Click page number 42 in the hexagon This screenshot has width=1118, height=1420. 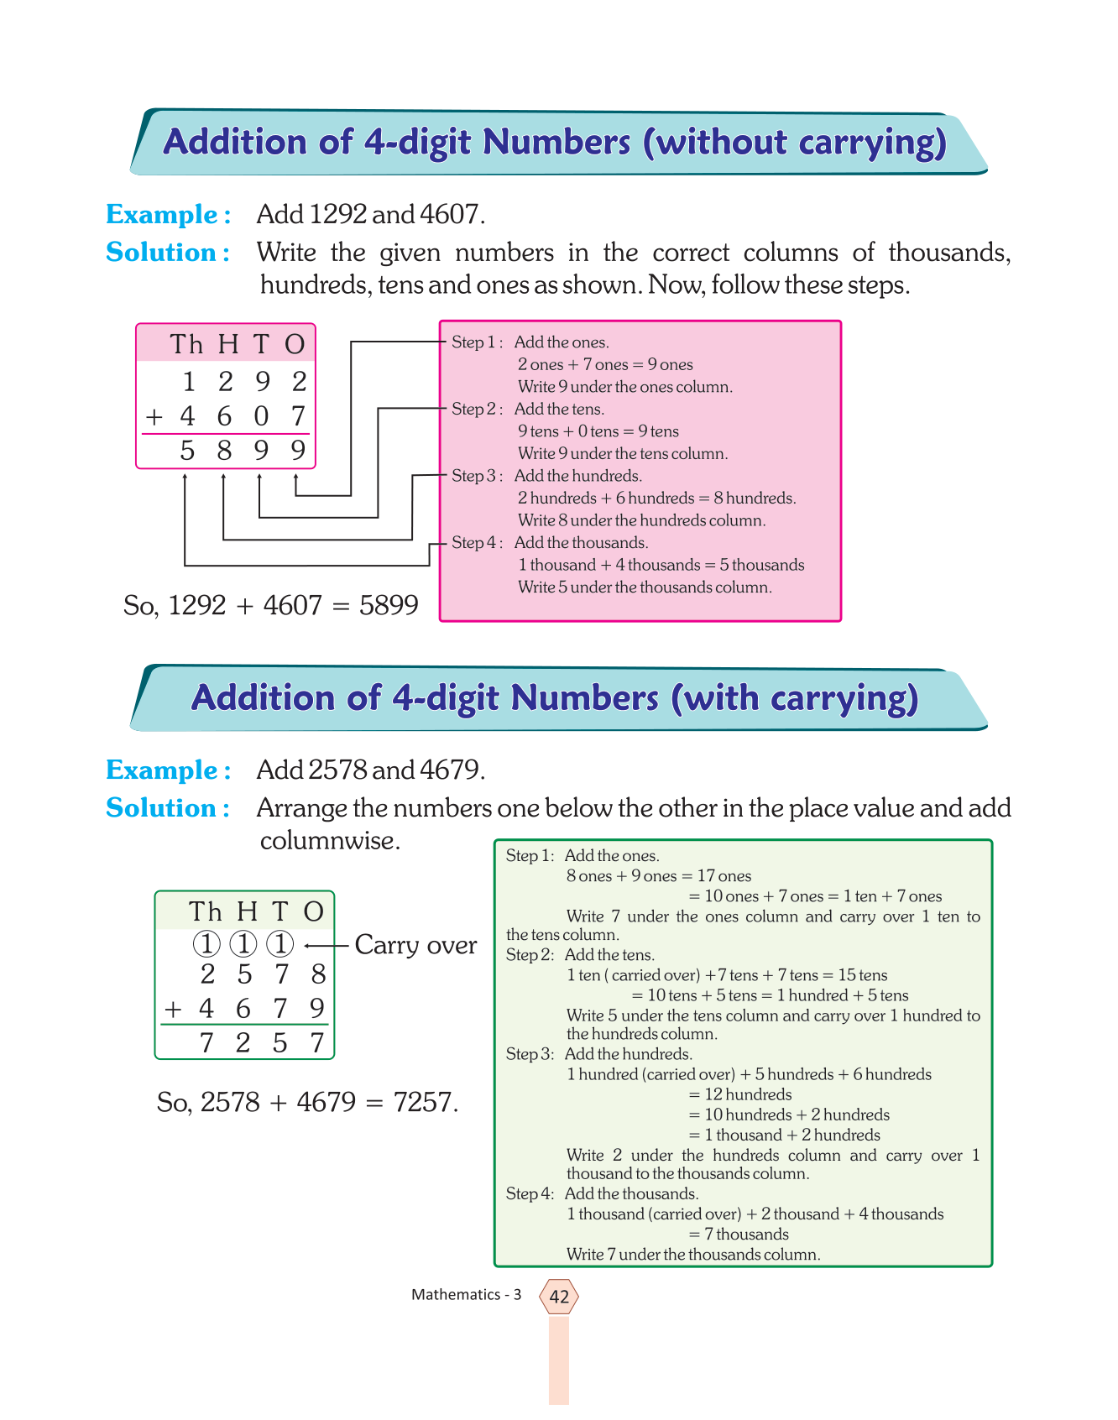(559, 1297)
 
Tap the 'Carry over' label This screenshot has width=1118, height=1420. (415, 945)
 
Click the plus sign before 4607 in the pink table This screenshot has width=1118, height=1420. (154, 417)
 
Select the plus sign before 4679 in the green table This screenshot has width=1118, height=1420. (173, 1008)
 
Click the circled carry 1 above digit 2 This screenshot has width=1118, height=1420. (206, 945)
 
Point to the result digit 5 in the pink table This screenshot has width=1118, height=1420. (188, 452)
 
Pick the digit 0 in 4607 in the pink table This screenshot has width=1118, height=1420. (261, 416)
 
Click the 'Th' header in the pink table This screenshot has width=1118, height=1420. (186, 344)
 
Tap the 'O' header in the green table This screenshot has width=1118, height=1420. (314, 911)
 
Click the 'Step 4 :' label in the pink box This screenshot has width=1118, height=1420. (476, 543)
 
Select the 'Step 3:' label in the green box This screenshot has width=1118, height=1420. (530, 1054)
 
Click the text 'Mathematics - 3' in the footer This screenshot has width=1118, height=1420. (466, 1295)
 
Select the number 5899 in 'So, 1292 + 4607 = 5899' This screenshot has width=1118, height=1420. (389, 605)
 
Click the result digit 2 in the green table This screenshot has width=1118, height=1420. (243, 1043)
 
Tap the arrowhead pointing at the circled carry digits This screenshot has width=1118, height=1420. (308, 946)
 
